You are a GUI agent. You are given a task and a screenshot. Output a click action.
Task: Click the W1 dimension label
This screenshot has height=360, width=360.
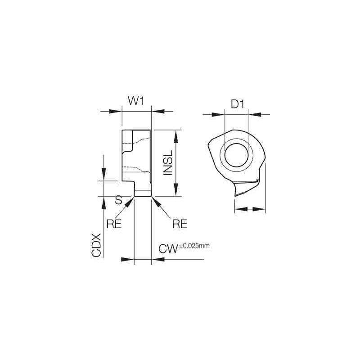tap(136, 101)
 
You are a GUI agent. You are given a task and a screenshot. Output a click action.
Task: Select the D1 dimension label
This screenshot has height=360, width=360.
tap(237, 104)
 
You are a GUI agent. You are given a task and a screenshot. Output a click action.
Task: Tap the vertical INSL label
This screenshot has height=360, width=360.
tap(168, 163)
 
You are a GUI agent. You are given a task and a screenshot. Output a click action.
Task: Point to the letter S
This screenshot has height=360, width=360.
tap(119, 199)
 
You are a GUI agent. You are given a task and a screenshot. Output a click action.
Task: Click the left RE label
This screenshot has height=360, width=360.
tap(114, 224)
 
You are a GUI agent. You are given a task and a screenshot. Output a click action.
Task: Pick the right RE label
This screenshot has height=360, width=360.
tap(180, 224)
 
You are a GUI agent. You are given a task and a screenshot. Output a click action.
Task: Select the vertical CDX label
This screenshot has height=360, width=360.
tap(97, 245)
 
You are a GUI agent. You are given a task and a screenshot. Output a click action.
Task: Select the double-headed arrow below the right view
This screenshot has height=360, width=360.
tap(250, 208)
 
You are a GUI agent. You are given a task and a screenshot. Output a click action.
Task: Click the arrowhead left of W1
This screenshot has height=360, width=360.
tap(117, 111)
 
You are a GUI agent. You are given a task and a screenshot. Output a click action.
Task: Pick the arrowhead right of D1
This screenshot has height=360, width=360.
tap(253, 114)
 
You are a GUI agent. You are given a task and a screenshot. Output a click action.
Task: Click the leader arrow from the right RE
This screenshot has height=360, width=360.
tap(156, 201)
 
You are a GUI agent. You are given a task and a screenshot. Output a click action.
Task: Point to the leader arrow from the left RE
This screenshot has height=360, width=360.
tap(130, 201)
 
